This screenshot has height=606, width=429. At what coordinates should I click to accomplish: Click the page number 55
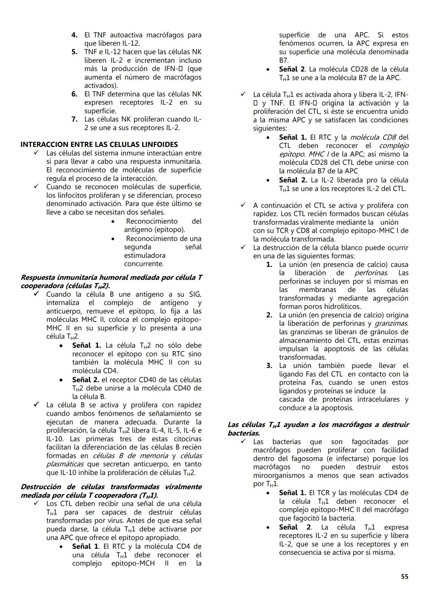pos(404,577)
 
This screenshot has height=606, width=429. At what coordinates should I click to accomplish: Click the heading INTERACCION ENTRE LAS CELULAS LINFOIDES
pos(99,144)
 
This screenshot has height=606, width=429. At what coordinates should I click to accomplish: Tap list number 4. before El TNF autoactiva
pos(74,35)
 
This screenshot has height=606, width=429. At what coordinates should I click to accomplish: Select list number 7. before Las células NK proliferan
pos(74,119)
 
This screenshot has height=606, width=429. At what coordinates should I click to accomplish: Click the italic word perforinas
pos(371,273)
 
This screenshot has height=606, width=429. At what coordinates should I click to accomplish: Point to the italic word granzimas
pos(391,323)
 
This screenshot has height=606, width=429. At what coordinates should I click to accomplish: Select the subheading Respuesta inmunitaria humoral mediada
pos(111,277)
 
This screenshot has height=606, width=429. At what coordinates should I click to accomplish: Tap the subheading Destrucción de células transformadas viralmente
pos(111,487)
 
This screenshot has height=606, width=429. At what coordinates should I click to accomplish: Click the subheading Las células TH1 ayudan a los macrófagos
pos(318,425)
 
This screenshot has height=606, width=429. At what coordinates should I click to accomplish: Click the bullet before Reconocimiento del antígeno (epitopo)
pos(113,221)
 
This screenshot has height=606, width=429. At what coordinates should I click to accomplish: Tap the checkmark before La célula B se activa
pos(36,405)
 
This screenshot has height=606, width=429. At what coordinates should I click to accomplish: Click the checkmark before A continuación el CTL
pos(243,206)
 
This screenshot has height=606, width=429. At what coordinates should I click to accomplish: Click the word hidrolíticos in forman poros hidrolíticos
pos(341,307)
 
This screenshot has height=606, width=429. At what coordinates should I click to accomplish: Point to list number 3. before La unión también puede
pos(269,366)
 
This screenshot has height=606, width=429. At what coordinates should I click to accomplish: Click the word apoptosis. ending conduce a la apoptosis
pos(336,408)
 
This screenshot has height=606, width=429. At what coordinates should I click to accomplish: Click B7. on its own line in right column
pos(284,60)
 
